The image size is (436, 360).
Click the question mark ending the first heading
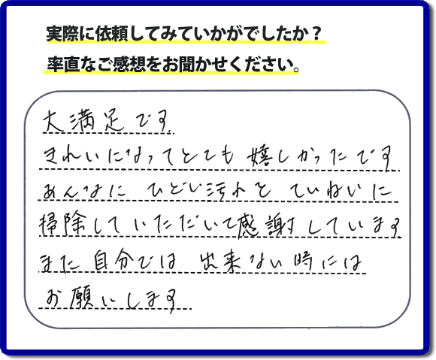[x=316, y=35]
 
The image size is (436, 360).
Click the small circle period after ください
[x=296, y=68]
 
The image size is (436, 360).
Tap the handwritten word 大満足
[x=84, y=121]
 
